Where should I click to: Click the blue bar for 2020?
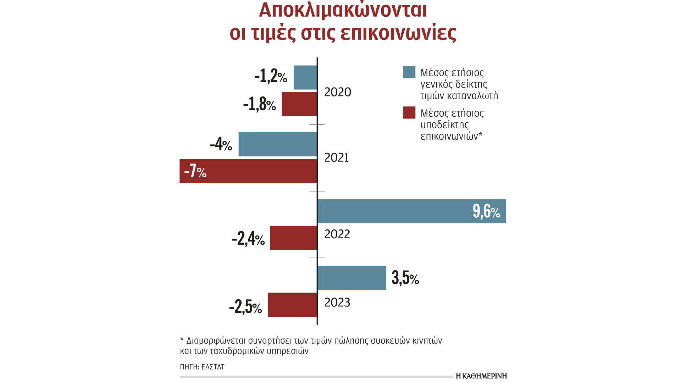coord(305,77)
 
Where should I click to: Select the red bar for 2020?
coord(299,104)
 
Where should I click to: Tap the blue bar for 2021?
coord(277,144)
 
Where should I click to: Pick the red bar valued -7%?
coord(248,171)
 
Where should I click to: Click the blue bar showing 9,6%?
coord(411,211)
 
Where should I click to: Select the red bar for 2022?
coord(293,238)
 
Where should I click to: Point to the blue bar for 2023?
coord(351,278)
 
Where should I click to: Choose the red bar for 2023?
coord(292,305)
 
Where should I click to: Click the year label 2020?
coord(338,92)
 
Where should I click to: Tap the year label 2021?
coord(337,157)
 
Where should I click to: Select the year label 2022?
coord(337,234)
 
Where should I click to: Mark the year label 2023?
coord(337,302)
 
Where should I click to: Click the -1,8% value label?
coord(259,104)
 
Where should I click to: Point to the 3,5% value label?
coord(405,278)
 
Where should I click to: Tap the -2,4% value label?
coord(248,238)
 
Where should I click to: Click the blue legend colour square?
coord(409,72)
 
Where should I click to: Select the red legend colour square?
coord(409,112)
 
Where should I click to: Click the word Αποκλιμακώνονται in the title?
coord(343,10)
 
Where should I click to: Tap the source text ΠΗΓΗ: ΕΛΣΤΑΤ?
coord(202,367)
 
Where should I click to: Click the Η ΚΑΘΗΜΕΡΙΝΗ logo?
coord(481,376)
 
